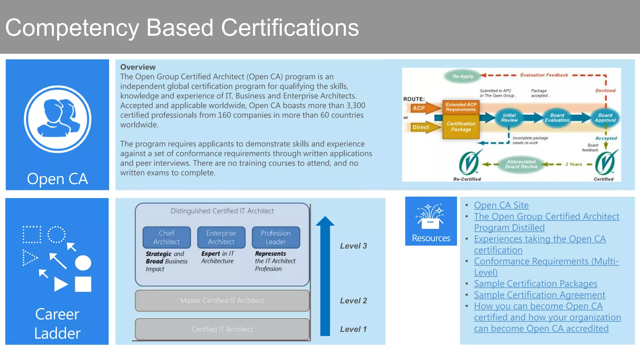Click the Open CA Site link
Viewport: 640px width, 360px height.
pos(501,205)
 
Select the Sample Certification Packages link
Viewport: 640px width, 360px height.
pos(535,284)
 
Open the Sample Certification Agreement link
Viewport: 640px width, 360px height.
pos(539,295)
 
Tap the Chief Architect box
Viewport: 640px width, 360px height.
pos(167,237)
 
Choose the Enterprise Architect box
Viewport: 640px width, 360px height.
pos(221,237)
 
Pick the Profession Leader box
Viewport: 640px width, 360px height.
pos(276,237)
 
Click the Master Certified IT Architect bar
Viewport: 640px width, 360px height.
pos(222,301)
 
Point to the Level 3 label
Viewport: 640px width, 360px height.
pos(353,246)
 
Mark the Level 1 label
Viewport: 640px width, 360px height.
pos(353,329)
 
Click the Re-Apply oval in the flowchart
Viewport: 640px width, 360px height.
pos(463,76)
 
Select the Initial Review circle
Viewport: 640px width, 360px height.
pos(509,118)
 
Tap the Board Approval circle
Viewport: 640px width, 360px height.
pos(605,118)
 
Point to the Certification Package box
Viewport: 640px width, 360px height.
pos(461,127)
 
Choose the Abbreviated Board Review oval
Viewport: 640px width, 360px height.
pos(521,164)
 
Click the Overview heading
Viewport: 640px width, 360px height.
pos(138,67)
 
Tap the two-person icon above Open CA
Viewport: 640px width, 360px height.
pos(58,119)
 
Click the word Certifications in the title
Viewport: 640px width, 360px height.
pos(290,28)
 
